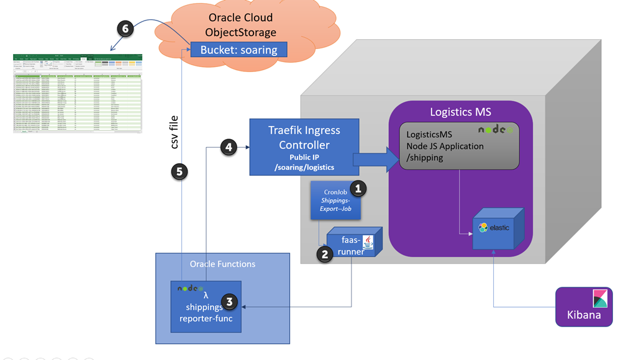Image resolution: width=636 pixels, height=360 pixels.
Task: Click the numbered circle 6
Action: [126, 29]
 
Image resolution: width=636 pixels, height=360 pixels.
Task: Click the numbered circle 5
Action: [179, 172]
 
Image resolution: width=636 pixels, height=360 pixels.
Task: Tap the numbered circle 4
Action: [229, 148]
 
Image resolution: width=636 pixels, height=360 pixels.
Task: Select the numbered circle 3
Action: [230, 302]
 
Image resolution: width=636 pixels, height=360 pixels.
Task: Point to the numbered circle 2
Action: [324, 254]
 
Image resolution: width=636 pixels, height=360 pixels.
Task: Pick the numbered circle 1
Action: [358, 189]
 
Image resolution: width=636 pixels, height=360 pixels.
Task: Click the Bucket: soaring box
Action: [238, 50]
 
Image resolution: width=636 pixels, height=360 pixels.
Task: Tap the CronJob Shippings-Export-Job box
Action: [335, 200]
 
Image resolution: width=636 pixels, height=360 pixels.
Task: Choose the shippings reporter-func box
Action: [206, 306]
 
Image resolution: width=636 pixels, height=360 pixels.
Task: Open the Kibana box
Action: [584, 306]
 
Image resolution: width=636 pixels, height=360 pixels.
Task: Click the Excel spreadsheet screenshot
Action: [78, 94]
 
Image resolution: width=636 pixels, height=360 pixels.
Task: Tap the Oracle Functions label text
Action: [222, 264]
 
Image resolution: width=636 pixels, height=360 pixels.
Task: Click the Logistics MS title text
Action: [460, 112]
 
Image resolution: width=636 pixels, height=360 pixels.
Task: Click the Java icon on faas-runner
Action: [367, 241]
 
